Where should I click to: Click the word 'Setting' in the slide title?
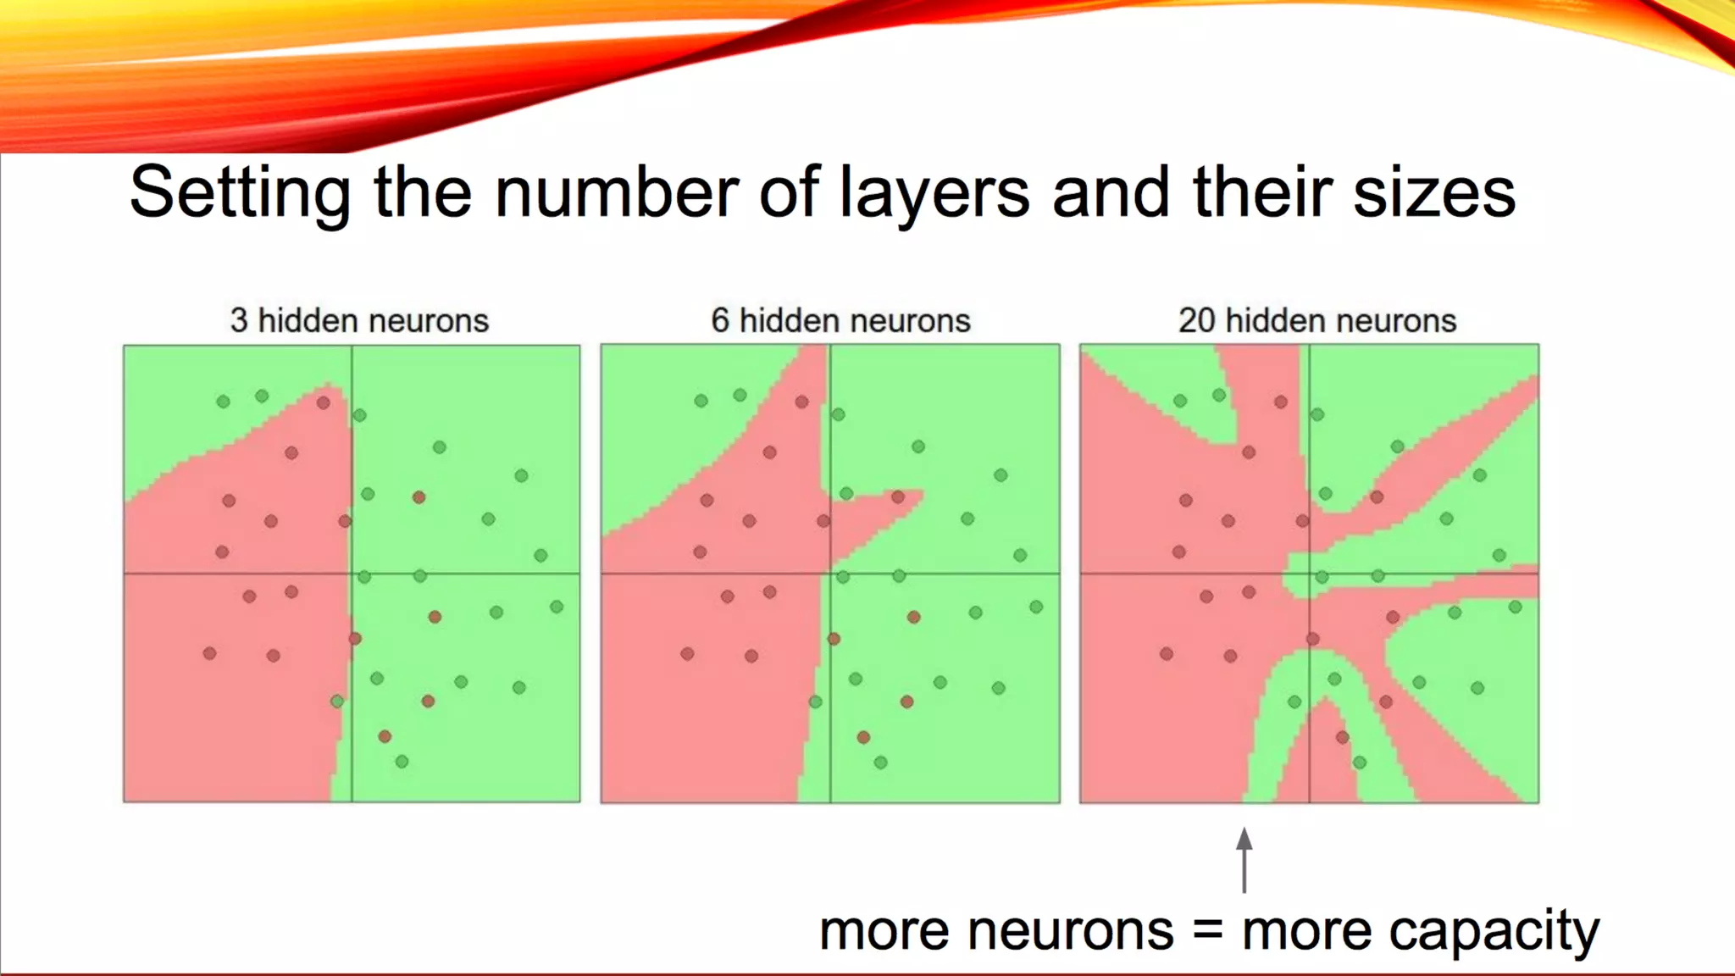click(x=240, y=193)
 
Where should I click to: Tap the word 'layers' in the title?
click(x=934, y=193)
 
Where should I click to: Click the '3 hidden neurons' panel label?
click(x=359, y=321)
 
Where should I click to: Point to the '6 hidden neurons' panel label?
click(x=840, y=321)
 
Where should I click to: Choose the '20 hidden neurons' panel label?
click(x=1316, y=321)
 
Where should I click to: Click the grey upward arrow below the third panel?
click(x=1244, y=859)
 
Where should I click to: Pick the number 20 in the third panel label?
click(x=1196, y=321)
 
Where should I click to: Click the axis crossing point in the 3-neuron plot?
click(x=352, y=574)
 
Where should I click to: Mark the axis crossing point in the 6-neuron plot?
click(x=830, y=574)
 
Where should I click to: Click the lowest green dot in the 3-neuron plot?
click(x=402, y=762)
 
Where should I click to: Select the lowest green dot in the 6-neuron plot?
click(x=881, y=762)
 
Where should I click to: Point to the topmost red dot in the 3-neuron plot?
click(x=324, y=402)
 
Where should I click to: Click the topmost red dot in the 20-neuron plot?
click(x=1281, y=402)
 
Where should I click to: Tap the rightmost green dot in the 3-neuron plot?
click(x=557, y=607)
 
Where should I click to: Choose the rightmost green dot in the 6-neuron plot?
click(x=1036, y=607)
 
